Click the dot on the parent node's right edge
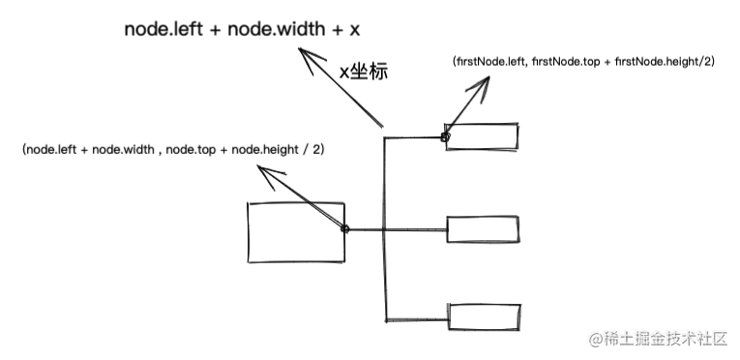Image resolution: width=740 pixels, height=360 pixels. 345,229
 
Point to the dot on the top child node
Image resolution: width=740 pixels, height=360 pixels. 445,137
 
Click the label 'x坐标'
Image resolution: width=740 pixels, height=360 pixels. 363,72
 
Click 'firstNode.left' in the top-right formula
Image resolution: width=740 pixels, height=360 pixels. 491,61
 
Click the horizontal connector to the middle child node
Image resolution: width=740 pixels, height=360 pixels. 417,229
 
